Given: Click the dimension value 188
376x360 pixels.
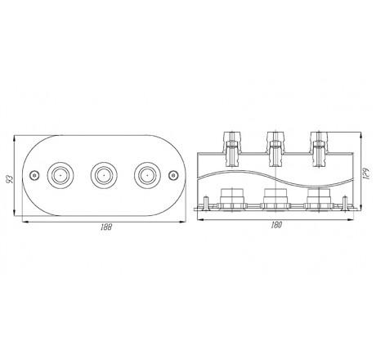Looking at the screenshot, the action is (x=106, y=227).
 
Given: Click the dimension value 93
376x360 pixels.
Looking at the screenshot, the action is (x=10, y=179).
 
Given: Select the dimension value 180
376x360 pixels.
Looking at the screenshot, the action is (x=276, y=225).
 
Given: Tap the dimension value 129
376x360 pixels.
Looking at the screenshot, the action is (x=367, y=173).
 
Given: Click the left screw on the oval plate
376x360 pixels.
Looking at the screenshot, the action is (x=34, y=175).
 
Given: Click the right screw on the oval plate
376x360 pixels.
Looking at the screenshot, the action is (x=173, y=175).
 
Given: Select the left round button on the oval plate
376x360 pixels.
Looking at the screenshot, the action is (x=60, y=175).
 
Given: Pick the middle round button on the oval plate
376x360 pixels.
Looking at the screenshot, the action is (x=104, y=175).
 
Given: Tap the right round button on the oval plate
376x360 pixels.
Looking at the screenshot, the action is (x=147, y=175).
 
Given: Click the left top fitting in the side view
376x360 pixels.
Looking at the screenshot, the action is (x=232, y=149).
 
